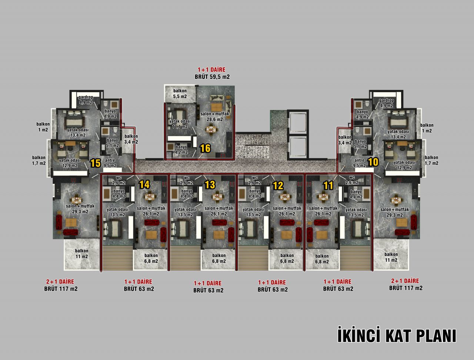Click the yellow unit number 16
tap(205, 149)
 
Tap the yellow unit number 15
tap(95, 163)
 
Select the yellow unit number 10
tap(373, 162)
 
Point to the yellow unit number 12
tap(278, 186)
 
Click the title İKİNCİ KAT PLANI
tap(397, 336)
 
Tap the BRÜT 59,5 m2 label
tap(212, 77)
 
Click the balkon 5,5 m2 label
tap(180, 93)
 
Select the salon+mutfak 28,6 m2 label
tap(215, 116)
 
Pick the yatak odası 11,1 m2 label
tap(180, 124)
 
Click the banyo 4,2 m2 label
tap(181, 149)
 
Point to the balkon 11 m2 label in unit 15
tap(81, 254)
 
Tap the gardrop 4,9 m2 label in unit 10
tap(387, 103)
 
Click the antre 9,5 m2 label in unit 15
tap(110, 163)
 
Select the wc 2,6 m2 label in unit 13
tap(187, 180)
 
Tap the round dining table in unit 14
tap(149, 196)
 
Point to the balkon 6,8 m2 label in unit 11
tap(322, 259)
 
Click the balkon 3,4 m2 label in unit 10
tap(345, 140)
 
